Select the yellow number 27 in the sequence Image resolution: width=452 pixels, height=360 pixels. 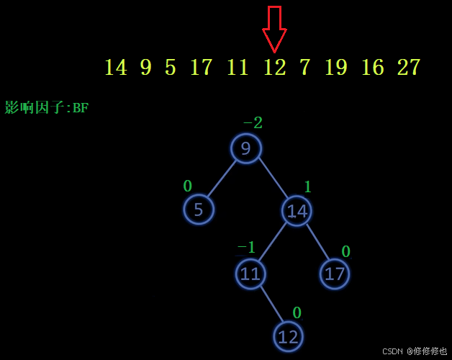408,68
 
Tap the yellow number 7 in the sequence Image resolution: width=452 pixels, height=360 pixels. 304,68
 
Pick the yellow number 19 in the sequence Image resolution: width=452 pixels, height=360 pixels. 335,68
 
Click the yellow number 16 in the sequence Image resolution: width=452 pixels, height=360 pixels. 372,68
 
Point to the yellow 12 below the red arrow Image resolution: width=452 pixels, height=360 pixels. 274,68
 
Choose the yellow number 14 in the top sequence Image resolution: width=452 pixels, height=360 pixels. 115,68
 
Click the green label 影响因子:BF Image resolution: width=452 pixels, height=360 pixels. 47,108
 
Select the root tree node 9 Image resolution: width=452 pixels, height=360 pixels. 246,149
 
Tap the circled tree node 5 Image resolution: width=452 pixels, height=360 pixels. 199,210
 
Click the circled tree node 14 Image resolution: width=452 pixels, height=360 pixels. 297,211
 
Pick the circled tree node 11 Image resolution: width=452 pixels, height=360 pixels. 250,274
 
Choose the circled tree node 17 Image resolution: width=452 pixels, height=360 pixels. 335,274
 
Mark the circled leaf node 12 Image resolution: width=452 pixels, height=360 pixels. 288,336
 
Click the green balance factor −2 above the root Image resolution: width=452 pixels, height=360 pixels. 253,123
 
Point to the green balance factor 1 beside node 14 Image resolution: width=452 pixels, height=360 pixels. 307,187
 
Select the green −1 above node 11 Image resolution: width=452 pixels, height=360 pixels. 246,248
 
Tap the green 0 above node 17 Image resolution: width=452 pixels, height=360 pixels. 345,251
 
